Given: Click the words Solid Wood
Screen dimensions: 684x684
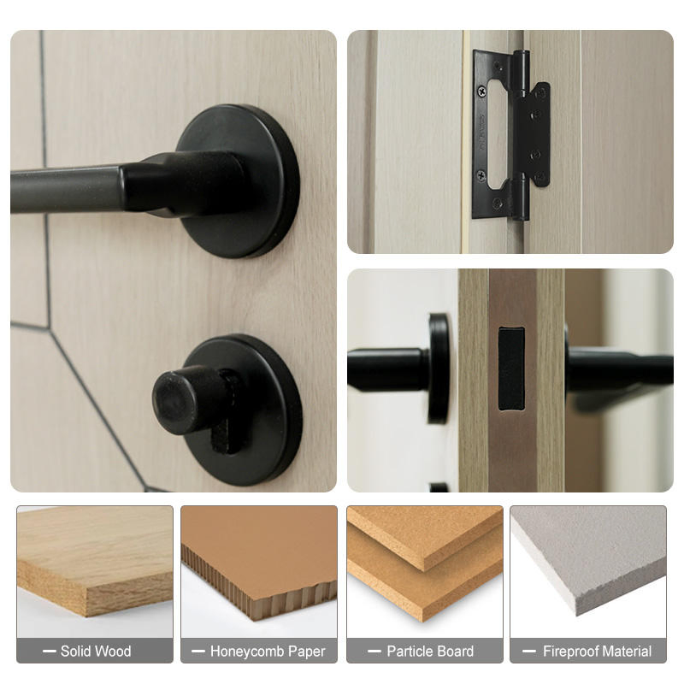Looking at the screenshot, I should [96, 652].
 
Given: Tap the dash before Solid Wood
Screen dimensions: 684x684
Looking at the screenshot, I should [49, 652].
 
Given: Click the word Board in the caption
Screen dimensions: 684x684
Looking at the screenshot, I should [455, 652].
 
